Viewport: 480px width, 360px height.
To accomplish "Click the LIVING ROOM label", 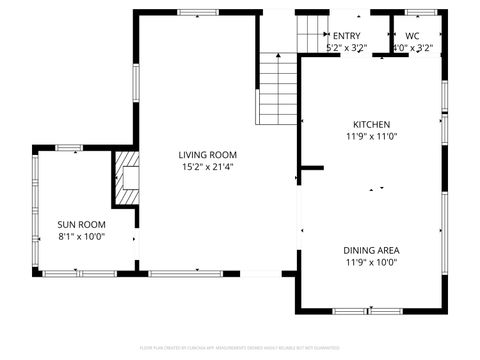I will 207,154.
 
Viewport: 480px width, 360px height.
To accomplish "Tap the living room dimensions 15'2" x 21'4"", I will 207,167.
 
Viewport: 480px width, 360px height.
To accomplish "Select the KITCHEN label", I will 370,124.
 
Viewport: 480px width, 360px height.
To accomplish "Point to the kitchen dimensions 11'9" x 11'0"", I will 370,136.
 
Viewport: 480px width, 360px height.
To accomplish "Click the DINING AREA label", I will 371,251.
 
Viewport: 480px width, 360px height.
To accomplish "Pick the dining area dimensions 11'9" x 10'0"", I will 371,263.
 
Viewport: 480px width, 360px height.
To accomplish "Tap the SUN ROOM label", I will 80,224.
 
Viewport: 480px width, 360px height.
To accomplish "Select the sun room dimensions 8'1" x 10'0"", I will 80,237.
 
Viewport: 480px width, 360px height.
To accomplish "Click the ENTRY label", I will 347,35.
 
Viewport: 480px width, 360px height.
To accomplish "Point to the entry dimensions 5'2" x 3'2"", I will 347,47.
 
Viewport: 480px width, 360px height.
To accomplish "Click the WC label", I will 412,35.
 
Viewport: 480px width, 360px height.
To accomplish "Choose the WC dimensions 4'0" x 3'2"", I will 412,47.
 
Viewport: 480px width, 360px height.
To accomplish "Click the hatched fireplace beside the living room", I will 124,177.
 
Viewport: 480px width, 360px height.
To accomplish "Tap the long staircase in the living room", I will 279,90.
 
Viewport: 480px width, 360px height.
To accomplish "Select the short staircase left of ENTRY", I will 312,33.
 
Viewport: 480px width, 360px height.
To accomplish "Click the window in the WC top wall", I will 420,13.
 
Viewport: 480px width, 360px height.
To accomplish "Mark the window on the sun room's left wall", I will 36,211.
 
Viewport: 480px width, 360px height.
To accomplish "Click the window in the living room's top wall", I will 197,13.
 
